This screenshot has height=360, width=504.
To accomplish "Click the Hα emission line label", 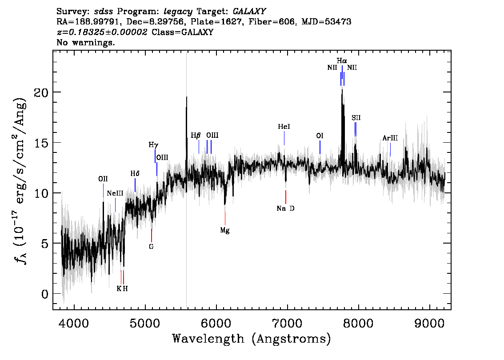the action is [x=342, y=61].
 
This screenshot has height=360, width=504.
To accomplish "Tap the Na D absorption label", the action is [x=285, y=208].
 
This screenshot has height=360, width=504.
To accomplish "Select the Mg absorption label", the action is [x=225, y=230].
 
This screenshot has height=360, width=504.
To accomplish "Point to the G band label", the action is [x=152, y=247].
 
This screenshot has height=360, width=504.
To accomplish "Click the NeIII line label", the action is [x=115, y=193].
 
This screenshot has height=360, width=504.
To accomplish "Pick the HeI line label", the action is [x=284, y=127].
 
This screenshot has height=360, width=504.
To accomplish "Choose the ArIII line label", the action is [x=390, y=138].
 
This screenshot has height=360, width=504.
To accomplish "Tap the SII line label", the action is [x=356, y=118].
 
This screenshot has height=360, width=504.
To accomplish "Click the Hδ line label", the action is [x=135, y=174].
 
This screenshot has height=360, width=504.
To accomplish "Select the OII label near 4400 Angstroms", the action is [x=103, y=179].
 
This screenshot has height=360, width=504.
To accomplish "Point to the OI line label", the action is [x=320, y=136].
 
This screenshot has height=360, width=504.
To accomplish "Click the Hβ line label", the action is [x=196, y=135].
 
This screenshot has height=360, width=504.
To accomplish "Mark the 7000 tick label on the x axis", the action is [x=287, y=323].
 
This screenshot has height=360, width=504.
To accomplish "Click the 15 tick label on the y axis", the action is [x=41, y=143].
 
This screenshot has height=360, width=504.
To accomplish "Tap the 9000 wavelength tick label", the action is [x=429, y=323].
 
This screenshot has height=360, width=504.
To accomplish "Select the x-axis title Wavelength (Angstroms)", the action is [x=252, y=339].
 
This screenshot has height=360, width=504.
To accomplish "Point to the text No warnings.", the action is [x=85, y=42].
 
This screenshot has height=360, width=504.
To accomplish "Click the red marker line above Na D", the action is [x=285, y=197].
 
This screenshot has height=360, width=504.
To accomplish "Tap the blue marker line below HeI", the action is [x=284, y=138].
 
